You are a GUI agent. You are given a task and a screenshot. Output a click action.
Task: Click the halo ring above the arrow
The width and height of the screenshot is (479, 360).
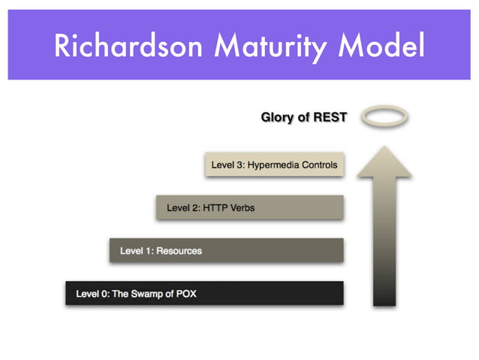pyautogui.click(x=384, y=116)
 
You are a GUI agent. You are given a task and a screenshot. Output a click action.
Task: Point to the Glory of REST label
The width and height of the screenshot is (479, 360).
pyautogui.click(x=303, y=117)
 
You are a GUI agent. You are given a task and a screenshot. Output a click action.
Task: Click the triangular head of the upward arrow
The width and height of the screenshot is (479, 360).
pyautogui.click(x=384, y=162)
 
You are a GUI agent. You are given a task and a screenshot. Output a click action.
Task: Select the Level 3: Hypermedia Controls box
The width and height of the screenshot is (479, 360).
pyautogui.click(x=274, y=165)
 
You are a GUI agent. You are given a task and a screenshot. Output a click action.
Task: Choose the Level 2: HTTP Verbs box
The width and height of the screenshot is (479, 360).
pyautogui.click(x=250, y=207)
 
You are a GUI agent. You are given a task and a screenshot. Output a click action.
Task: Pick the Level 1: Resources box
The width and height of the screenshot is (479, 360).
pyautogui.click(x=226, y=250)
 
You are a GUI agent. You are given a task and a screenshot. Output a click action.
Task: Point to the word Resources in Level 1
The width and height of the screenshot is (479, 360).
pyautogui.click(x=179, y=250)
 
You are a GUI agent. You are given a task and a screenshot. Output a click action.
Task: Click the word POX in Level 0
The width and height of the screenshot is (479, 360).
pyautogui.click(x=185, y=293)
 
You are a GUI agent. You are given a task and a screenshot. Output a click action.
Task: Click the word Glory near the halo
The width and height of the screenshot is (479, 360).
pyautogui.click(x=276, y=117)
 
